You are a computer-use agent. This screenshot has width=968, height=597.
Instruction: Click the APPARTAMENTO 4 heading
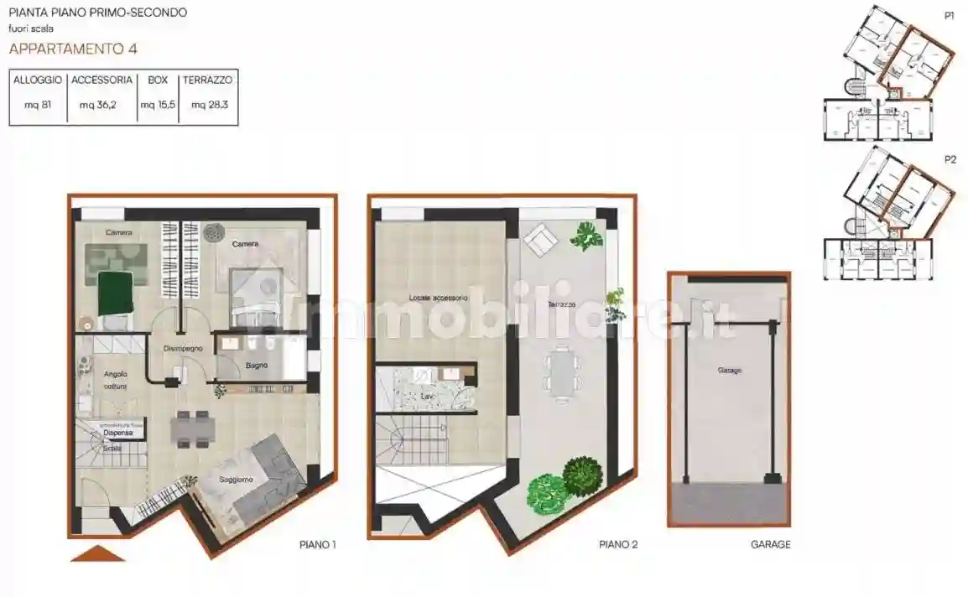[73, 48]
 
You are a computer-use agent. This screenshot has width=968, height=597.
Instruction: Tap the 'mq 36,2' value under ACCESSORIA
[101, 105]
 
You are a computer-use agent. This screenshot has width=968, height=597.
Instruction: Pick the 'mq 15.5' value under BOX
[158, 105]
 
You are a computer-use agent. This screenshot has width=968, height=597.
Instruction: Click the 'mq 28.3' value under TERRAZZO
[209, 105]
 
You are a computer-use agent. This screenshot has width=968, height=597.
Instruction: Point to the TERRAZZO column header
[208, 80]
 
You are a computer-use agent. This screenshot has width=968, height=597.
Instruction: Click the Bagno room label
[257, 365]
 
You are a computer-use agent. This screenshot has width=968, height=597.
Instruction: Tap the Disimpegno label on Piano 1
[182, 348]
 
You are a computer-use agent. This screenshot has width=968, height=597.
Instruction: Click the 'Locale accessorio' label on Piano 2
[439, 298]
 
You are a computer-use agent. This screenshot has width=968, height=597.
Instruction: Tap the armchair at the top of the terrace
[539, 241]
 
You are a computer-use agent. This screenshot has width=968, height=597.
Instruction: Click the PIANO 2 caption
[618, 545]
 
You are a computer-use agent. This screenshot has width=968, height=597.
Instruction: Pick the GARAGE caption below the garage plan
[770, 545]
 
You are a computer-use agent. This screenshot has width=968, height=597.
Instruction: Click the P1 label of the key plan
[950, 15]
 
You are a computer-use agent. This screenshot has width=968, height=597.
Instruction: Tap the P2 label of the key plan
[950, 158]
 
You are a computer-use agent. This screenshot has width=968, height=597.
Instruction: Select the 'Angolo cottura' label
[115, 380]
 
